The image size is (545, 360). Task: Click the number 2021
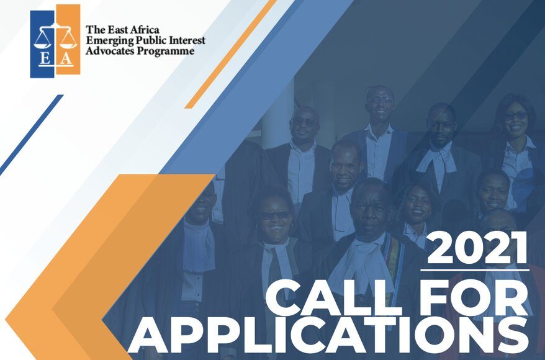[477, 248]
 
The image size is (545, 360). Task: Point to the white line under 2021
[475, 269]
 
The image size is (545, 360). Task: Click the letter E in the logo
[44, 59]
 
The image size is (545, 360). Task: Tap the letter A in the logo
[66, 59]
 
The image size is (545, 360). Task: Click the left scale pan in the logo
[42, 45]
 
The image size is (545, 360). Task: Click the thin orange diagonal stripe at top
[230, 54]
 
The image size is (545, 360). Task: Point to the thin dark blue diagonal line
[32, 135]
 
